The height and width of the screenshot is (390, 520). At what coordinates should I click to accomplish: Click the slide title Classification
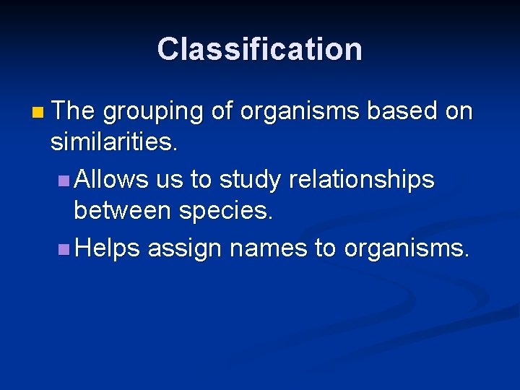[259, 49]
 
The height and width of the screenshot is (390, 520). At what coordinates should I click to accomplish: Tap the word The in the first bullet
[73, 111]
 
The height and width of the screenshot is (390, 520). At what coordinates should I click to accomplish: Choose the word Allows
[111, 179]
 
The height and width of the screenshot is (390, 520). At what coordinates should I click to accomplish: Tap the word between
[118, 212]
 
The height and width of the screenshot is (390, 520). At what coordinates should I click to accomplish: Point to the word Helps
[107, 249]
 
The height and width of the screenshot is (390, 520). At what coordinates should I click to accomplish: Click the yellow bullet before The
[38, 113]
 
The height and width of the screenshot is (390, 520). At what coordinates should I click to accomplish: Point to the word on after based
[459, 112]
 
